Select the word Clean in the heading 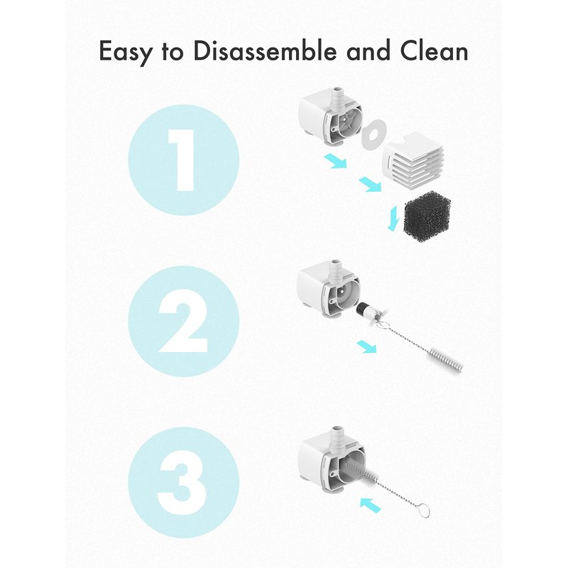pyautogui.click(x=434, y=50)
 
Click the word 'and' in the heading pyautogui.click(x=368, y=50)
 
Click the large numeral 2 pyautogui.click(x=183, y=322)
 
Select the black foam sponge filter pyautogui.click(x=427, y=214)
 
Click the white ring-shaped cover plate pyautogui.click(x=373, y=134)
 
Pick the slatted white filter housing pyautogui.click(x=413, y=157)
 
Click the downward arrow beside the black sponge pyautogui.click(x=393, y=218)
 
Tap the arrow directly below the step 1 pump pyautogui.click(x=335, y=160)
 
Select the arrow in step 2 pyautogui.click(x=366, y=346)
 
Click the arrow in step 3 pyautogui.click(x=370, y=505)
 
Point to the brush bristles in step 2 pyautogui.click(x=445, y=359)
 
